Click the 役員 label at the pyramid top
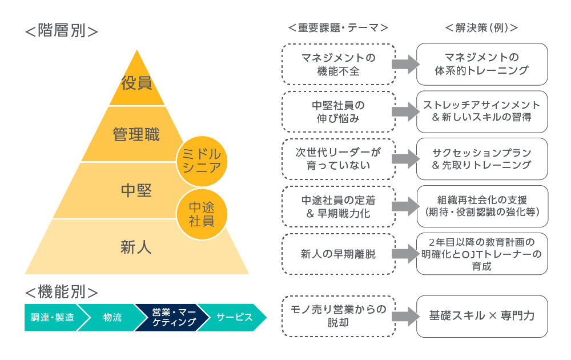[x=136, y=83]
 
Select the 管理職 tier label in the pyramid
[x=136, y=135]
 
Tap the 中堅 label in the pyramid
[x=136, y=190]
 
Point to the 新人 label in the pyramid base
[x=136, y=247]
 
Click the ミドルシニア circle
[x=202, y=161]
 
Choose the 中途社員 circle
[x=202, y=214]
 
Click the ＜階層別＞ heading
[x=62, y=30]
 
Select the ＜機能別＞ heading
[x=62, y=293]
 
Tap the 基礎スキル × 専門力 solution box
[x=482, y=316]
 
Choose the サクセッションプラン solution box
[x=482, y=159]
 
